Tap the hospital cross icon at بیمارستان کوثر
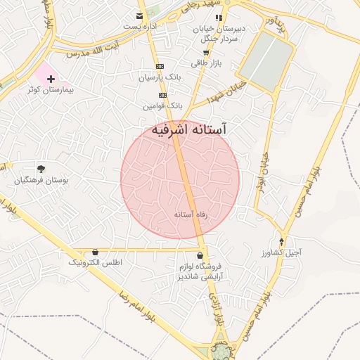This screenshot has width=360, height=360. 51,80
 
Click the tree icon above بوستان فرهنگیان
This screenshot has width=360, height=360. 41,169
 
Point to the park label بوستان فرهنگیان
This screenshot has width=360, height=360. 41,181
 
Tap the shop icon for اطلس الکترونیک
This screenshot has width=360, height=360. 95,252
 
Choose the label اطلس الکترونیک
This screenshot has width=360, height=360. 95,262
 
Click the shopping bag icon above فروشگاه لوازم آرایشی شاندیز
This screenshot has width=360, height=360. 201,256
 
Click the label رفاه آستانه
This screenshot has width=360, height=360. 192,212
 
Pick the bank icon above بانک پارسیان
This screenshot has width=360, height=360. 160,66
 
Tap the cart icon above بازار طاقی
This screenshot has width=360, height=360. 205,53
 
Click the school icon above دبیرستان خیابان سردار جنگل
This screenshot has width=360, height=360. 219,18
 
